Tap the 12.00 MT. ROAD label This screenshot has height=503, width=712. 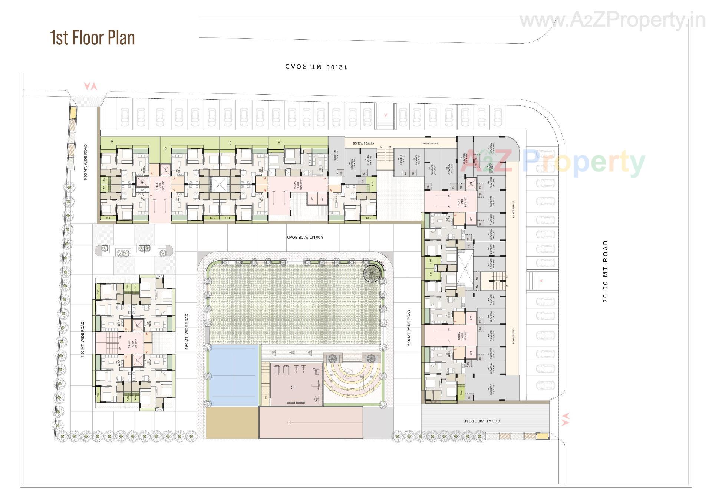316,67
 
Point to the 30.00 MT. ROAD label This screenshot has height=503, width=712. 606,271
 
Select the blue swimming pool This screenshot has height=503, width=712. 234,375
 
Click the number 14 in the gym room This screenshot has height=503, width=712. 293,387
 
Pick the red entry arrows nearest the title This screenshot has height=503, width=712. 90,86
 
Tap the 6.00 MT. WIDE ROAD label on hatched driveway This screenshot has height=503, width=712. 481,421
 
